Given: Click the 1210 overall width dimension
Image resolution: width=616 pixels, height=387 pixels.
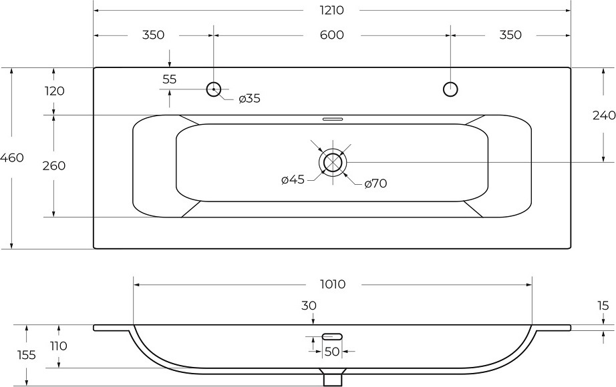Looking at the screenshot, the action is click(x=332, y=10).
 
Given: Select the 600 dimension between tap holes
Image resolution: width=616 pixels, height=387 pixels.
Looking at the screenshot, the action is click(x=332, y=35).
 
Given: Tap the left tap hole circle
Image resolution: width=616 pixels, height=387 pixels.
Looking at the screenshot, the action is click(x=214, y=89).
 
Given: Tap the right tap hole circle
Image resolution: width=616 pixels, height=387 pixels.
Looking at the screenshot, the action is click(x=450, y=89).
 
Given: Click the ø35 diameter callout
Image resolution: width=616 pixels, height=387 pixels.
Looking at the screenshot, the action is click(x=250, y=99).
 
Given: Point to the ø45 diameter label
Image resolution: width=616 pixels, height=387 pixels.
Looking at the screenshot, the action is click(x=293, y=179).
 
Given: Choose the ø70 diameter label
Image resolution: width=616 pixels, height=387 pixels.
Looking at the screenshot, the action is click(x=375, y=183).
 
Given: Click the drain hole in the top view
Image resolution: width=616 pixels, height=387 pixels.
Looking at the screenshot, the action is click(x=333, y=162).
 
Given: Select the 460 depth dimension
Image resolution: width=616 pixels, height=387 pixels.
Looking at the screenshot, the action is click(x=12, y=157).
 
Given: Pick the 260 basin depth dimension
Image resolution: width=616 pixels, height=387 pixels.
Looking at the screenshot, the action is click(x=54, y=165).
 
